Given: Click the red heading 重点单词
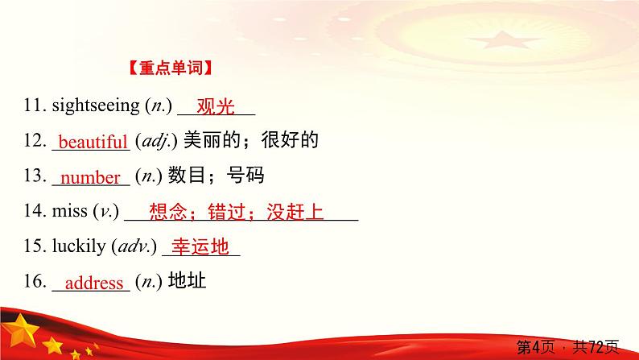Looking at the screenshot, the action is tap(171, 68).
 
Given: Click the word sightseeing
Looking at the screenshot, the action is tap(96, 106).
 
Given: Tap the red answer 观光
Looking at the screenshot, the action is tap(216, 106).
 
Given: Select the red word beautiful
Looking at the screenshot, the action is tap(93, 142).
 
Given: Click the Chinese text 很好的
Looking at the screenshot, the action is tap(290, 140).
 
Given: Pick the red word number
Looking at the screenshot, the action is tap(90, 177).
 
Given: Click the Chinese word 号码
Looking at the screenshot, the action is tap(245, 176).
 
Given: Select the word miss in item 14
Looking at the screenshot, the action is tap(70, 210).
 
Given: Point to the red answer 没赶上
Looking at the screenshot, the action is tap(295, 212).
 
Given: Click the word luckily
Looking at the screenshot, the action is tap(79, 246).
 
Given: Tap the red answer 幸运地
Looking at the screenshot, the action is tap(200, 246).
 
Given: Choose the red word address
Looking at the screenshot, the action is tap(94, 283).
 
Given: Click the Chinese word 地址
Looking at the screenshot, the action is tap(187, 280).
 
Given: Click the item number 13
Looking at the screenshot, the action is tap(35, 176).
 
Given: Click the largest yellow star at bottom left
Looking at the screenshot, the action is tap(20, 331).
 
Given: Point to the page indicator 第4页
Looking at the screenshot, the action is tap(536, 347).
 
